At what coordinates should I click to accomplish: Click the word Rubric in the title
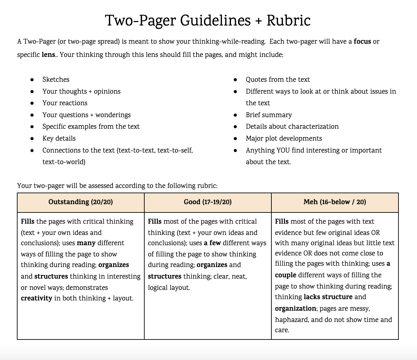tap(288, 21)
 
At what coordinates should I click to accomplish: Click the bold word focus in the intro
tap(362, 42)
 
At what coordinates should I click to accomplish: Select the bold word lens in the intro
tap(48, 55)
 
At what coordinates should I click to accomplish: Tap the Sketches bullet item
tap(56, 79)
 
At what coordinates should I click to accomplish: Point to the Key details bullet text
tap(59, 138)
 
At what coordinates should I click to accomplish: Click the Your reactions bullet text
tap(65, 103)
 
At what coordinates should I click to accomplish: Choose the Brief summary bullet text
tap(269, 115)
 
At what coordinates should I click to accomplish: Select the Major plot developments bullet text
tap(284, 138)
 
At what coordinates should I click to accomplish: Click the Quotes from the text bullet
tap(278, 79)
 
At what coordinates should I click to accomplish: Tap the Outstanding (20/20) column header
tap(80, 202)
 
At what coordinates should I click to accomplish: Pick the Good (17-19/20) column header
tap(208, 202)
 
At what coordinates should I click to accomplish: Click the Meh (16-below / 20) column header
tap(335, 202)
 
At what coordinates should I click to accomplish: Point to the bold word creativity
tap(36, 298)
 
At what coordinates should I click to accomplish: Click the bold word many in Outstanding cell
tap(86, 243)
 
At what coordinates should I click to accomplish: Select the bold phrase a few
tap(212, 243)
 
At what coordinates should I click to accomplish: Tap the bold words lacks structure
tap(328, 297)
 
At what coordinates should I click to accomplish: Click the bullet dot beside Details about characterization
tap(235, 127)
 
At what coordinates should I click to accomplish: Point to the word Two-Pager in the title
tap(141, 21)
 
